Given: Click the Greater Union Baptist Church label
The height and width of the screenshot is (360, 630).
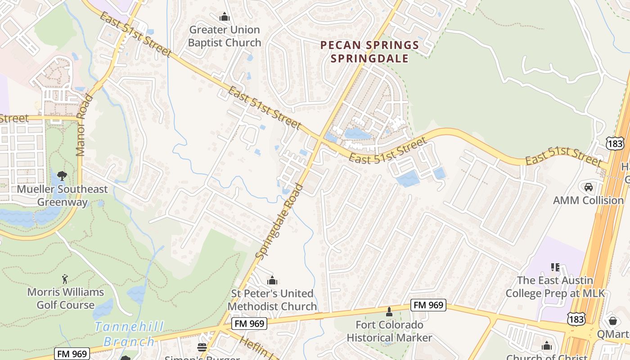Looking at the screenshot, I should [225, 36].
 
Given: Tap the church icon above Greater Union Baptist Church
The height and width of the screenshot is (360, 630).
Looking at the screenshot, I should [225, 18].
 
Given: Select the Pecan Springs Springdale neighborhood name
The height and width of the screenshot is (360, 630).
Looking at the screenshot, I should [369, 52].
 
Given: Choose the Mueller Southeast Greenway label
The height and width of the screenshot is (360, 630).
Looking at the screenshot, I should [62, 195].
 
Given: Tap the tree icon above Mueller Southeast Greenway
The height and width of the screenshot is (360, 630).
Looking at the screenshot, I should [62, 176].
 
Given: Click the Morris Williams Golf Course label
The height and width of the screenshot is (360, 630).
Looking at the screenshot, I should [66, 298].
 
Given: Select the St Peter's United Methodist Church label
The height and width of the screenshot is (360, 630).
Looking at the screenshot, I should [272, 300].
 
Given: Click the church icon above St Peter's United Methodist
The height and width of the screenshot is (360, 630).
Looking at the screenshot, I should [272, 281].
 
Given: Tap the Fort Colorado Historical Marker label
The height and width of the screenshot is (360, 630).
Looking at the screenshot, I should [389, 331].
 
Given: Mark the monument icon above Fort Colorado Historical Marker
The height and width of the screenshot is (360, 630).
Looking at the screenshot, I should [389, 311].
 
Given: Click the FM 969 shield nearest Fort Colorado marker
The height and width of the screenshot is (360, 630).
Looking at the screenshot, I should [427, 306].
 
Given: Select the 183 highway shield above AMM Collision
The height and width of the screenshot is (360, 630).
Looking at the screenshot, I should [614, 143].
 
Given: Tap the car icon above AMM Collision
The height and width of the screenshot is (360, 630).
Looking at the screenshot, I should [588, 187].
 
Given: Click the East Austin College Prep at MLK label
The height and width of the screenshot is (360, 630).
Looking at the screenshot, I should [555, 287].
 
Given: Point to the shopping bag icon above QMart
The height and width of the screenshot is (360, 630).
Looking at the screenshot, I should [612, 321].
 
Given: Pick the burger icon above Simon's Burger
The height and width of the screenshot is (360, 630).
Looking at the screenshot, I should [202, 347].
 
